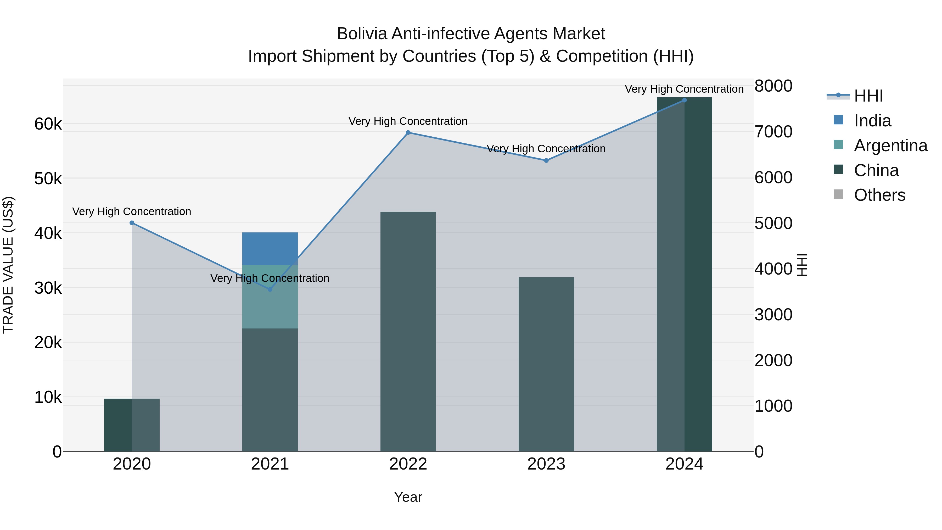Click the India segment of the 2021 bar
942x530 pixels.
[x=270, y=248]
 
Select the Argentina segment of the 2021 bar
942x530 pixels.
[x=270, y=296]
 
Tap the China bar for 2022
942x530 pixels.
[x=408, y=331]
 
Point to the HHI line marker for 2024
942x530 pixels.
[x=684, y=100]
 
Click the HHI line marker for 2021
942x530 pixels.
[x=270, y=289]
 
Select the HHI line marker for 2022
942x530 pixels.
[x=408, y=132]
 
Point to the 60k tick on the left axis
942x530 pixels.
[x=48, y=124]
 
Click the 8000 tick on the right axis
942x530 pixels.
[x=773, y=86]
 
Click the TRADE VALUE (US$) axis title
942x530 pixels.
[x=8, y=265]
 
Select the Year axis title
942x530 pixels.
[x=408, y=497]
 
